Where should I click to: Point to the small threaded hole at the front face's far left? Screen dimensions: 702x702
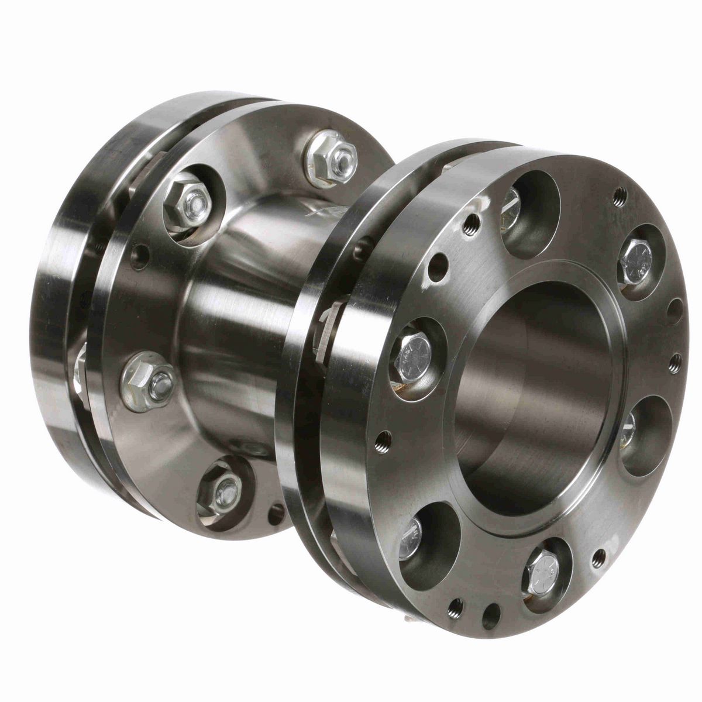[383, 435]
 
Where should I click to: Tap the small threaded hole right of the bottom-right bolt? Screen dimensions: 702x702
[598, 553]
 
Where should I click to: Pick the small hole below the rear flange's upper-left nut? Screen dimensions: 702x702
[140, 255]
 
